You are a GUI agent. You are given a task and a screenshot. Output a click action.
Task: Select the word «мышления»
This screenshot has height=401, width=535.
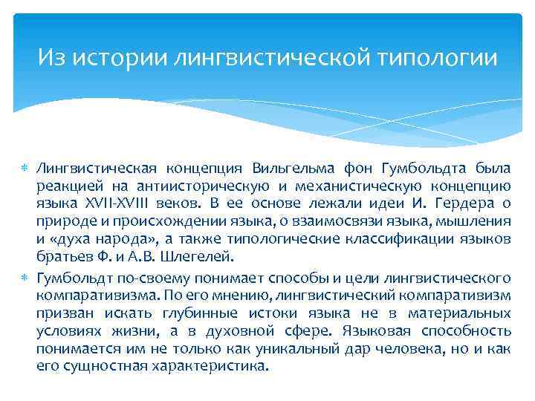(475, 221)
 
